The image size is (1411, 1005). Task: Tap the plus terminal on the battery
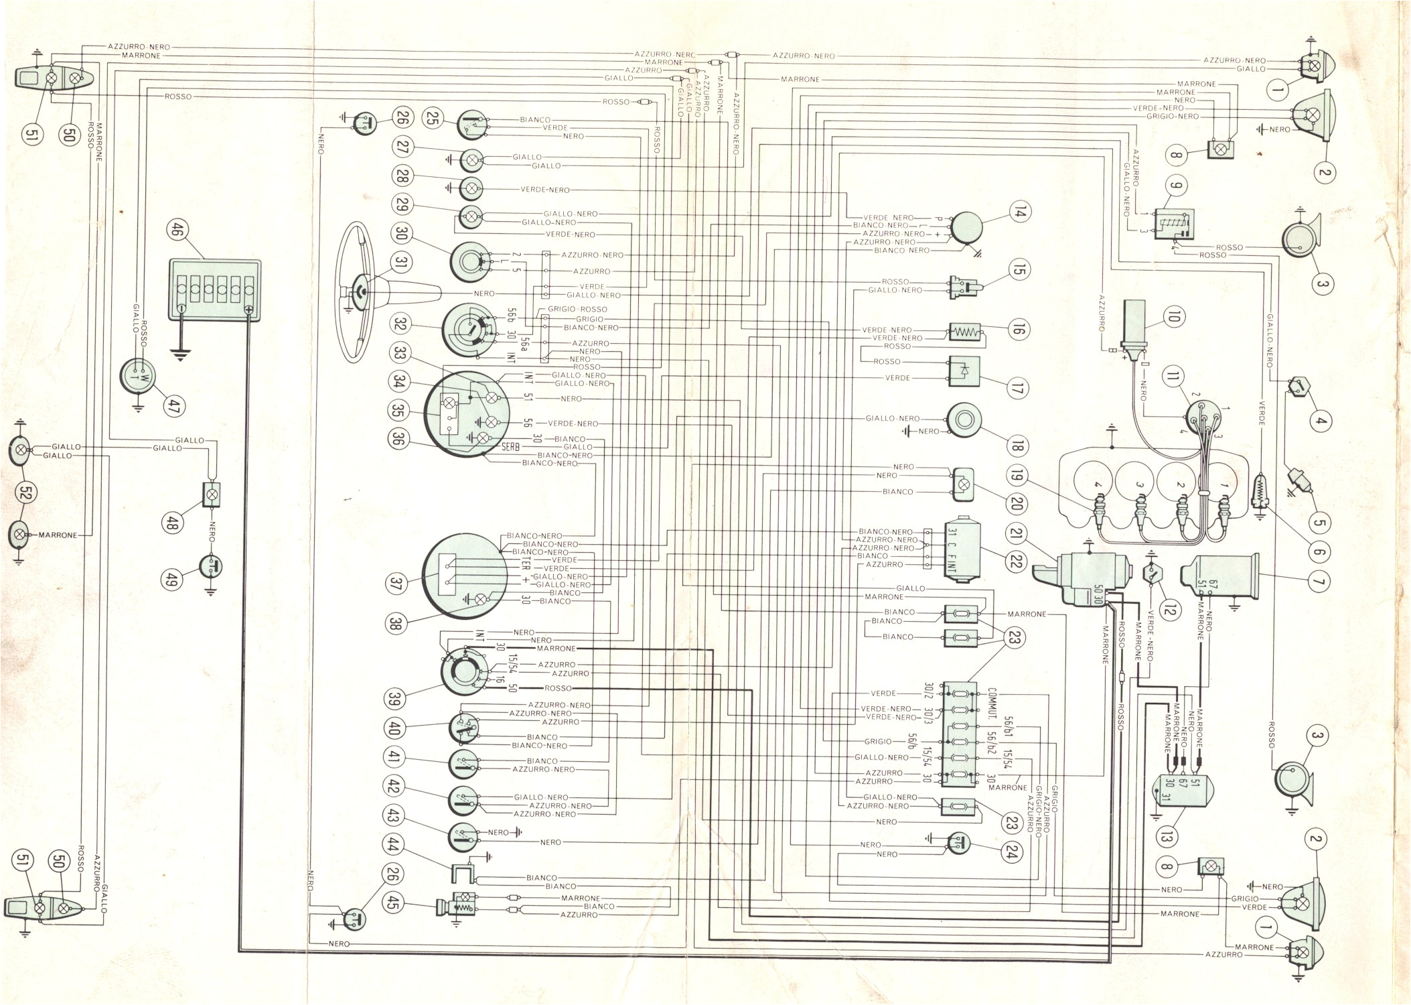pos(248,310)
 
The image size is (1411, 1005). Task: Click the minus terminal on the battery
pos(181,310)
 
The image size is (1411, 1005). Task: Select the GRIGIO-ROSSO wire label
pos(577,310)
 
